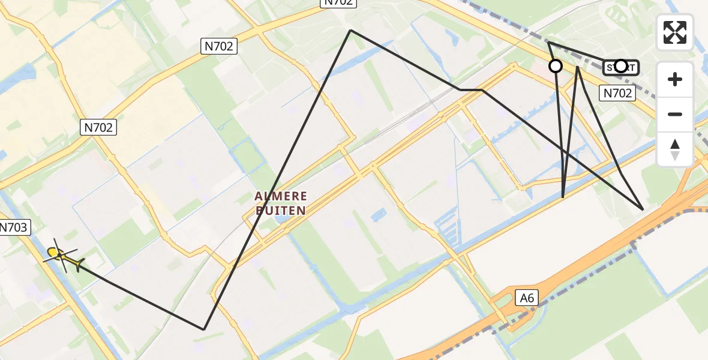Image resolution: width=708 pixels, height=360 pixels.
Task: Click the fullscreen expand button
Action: tap(675, 32)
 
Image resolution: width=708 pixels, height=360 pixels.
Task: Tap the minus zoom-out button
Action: tap(675, 115)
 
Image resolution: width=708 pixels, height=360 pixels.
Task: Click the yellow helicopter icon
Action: tap(62, 257)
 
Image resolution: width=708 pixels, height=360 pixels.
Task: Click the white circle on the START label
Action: tap(621, 66)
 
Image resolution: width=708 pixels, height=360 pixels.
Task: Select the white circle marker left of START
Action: tap(556, 66)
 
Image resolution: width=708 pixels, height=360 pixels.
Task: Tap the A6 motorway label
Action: tap(527, 296)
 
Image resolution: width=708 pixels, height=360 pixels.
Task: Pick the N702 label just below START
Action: tap(617, 93)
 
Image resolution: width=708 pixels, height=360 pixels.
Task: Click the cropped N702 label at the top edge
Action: tap(339, 2)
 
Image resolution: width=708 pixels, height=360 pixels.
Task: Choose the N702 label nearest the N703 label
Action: tap(98, 127)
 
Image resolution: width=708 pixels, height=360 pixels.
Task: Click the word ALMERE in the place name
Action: tap(281, 196)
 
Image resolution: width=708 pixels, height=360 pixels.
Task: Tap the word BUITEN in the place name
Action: tap(281, 210)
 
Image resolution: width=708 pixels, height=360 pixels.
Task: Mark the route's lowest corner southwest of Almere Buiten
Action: tap(204, 329)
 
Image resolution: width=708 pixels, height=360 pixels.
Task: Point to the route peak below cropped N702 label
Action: tap(350, 30)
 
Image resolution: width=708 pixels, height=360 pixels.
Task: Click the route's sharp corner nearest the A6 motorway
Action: tap(643, 209)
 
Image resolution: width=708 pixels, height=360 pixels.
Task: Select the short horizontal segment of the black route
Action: tap(471, 90)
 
